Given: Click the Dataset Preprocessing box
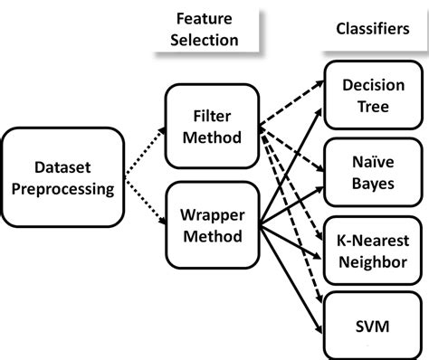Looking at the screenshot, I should (x=62, y=177).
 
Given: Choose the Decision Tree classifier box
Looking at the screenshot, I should (x=373, y=95).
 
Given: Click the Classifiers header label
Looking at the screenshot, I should (x=372, y=29).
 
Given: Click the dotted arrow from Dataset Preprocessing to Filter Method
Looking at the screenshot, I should (x=142, y=150).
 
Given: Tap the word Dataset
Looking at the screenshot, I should (x=62, y=166).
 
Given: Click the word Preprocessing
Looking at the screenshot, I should (x=62, y=189).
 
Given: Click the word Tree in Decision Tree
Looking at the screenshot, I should (x=373, y=106).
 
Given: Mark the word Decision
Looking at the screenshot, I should (x=373, y=85).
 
